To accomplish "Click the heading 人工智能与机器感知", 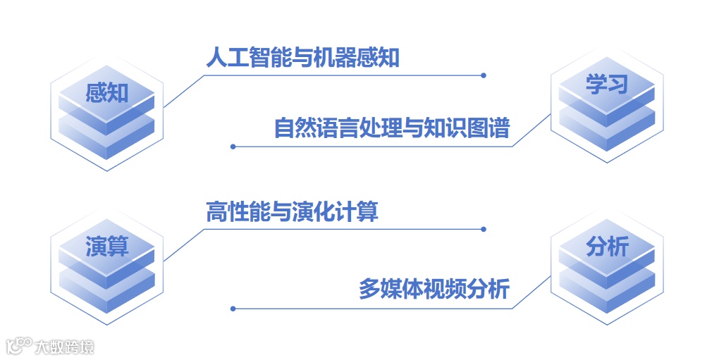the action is pos(303,58).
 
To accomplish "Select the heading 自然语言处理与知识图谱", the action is pos(391,128).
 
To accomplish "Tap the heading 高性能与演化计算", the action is pos(292,211).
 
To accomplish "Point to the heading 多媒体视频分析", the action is pos(434,290).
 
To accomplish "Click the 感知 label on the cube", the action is pos(107,92).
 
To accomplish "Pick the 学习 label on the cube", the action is pos(606,85).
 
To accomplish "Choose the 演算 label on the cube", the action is pos(107,247).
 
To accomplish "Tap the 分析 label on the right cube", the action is pos(606,247).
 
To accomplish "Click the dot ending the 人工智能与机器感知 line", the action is pos(484,75).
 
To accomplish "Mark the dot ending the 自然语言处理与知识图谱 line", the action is pos(233,147).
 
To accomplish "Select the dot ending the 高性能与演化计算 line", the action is pos(484,229).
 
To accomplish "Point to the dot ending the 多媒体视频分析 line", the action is pos(233,308).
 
